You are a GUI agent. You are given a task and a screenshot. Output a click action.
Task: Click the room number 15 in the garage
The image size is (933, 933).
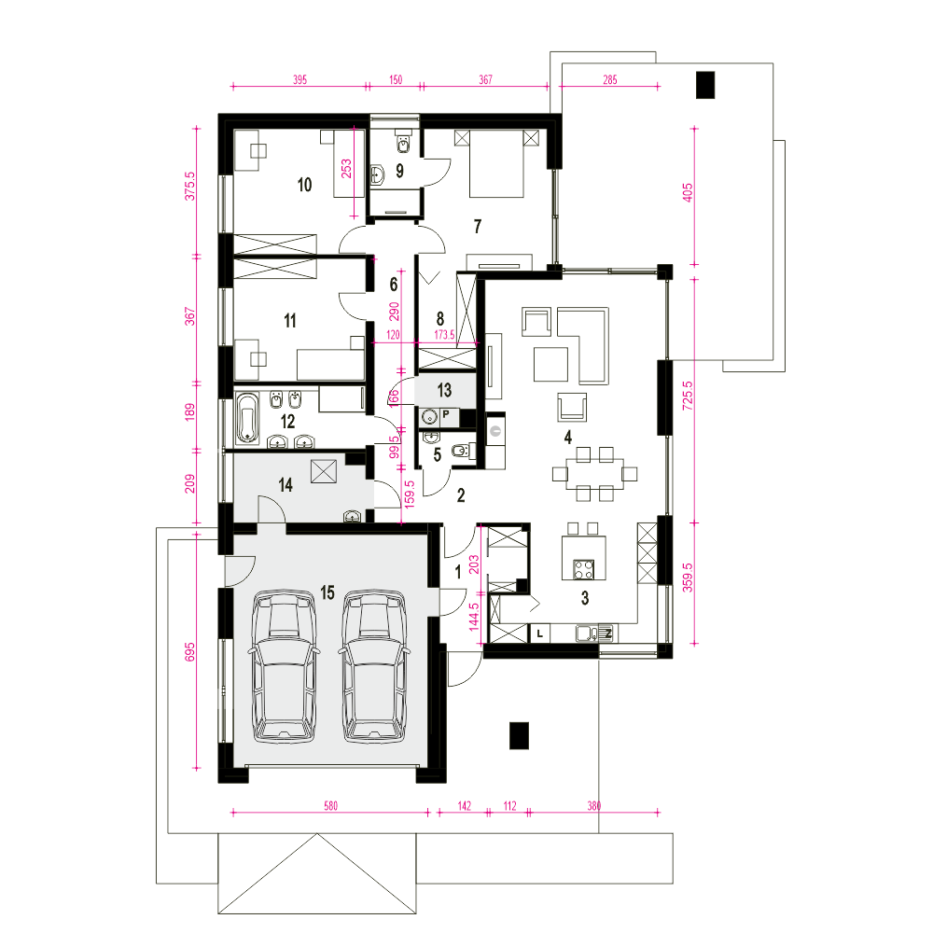(327, 592)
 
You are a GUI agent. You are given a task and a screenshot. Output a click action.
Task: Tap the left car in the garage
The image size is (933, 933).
(284, 666)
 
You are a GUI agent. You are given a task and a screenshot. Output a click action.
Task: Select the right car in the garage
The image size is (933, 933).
(374, 666)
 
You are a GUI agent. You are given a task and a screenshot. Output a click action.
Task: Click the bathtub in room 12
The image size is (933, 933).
(248, 418)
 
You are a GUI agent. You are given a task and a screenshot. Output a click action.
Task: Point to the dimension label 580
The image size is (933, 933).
(331, 806)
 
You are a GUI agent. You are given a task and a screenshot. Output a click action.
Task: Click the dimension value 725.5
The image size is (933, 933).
(688, 395)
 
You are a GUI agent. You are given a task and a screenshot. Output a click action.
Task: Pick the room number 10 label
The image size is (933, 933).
(305, 185)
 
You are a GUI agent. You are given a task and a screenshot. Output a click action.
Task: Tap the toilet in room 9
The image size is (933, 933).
(404, 144)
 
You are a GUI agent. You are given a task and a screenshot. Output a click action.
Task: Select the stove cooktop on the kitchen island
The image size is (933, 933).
(584, 569)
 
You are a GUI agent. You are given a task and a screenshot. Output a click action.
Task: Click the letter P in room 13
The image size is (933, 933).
(446, 414)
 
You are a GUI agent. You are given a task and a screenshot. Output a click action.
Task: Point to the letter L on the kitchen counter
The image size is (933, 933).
(539, 634)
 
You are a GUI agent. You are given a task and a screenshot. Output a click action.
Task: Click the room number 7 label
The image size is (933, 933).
(477, 226)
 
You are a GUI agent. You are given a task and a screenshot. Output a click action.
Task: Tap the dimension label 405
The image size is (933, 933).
(688, 192)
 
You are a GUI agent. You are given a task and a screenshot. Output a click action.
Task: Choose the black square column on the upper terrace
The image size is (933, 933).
(705, 85)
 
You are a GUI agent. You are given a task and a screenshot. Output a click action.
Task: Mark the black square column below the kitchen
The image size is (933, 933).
(519, 735)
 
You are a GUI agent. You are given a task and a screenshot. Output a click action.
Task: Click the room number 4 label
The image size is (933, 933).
(568, 438)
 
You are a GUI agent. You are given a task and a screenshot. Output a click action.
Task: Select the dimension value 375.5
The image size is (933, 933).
(189, 186)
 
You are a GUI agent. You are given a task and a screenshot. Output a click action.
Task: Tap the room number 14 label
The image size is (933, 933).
(285, 485)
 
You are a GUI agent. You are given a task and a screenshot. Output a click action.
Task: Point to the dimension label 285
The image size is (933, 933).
(610, 79)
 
